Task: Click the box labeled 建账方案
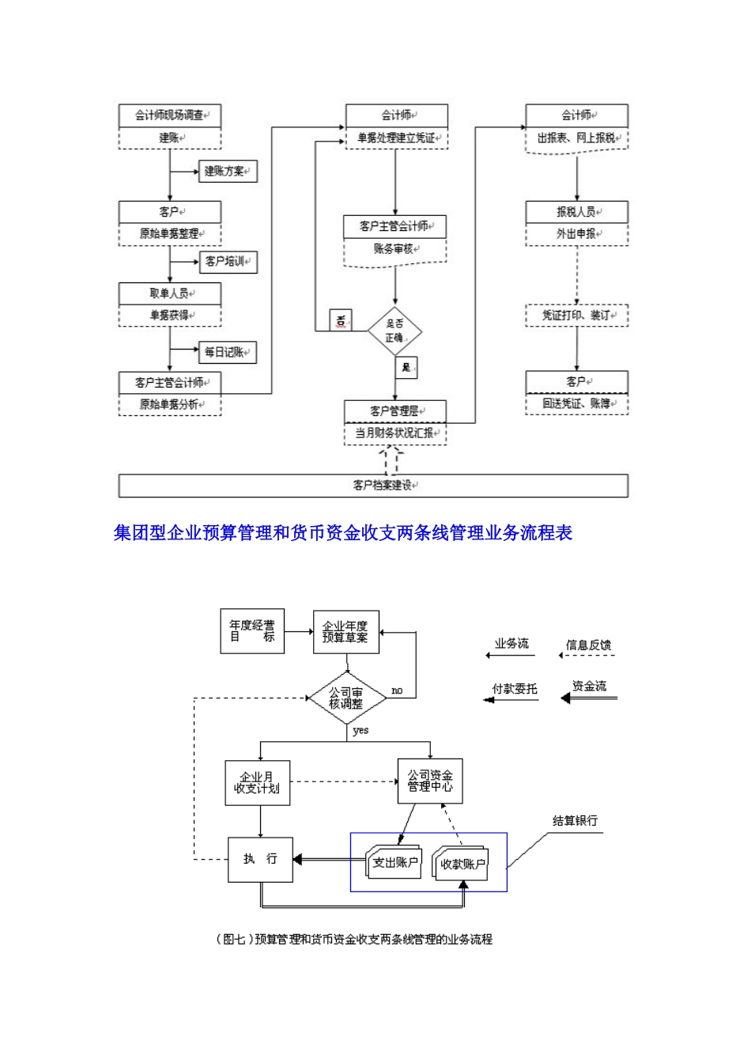click(x=227, y=171)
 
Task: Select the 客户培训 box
click(x=227, y=261)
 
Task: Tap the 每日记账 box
click(x=227, y=352)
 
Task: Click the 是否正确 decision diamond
click(x=395, y=331)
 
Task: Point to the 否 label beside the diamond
click(x=341, y=321)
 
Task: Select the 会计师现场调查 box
click(x=169, y=115)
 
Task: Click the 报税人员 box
click(x=576, y=212)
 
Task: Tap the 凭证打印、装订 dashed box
click(x=576, y=315)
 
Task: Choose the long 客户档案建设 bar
click(x=373, y=485)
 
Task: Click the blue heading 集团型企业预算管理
click(x=342, y=533)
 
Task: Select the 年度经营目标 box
click(x=252, y=630)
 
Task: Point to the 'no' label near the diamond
click(x=397, y=690)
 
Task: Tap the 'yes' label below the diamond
click(x=360, y=730)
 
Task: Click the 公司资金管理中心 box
click(x=429, y=781)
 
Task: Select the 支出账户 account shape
click(x=394, y=862)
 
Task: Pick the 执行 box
click(x=259, y=859)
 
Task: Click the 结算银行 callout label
click(x=575, y=821)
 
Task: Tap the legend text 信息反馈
click(x=588, y=645)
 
